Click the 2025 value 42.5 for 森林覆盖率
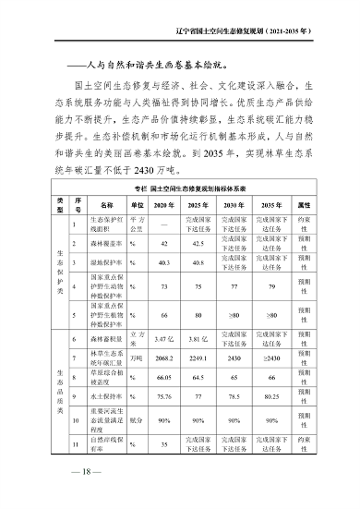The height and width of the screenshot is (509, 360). tap(196, 244)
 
